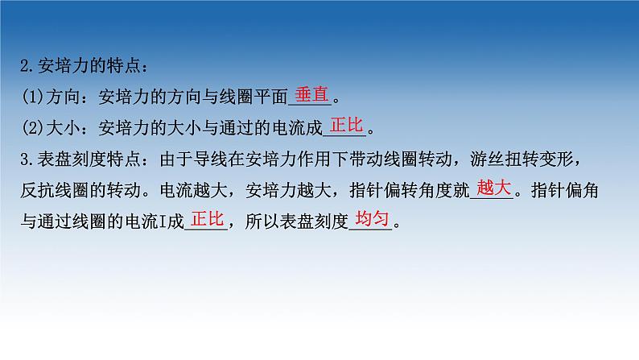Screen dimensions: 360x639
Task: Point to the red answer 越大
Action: coord(493,188)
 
